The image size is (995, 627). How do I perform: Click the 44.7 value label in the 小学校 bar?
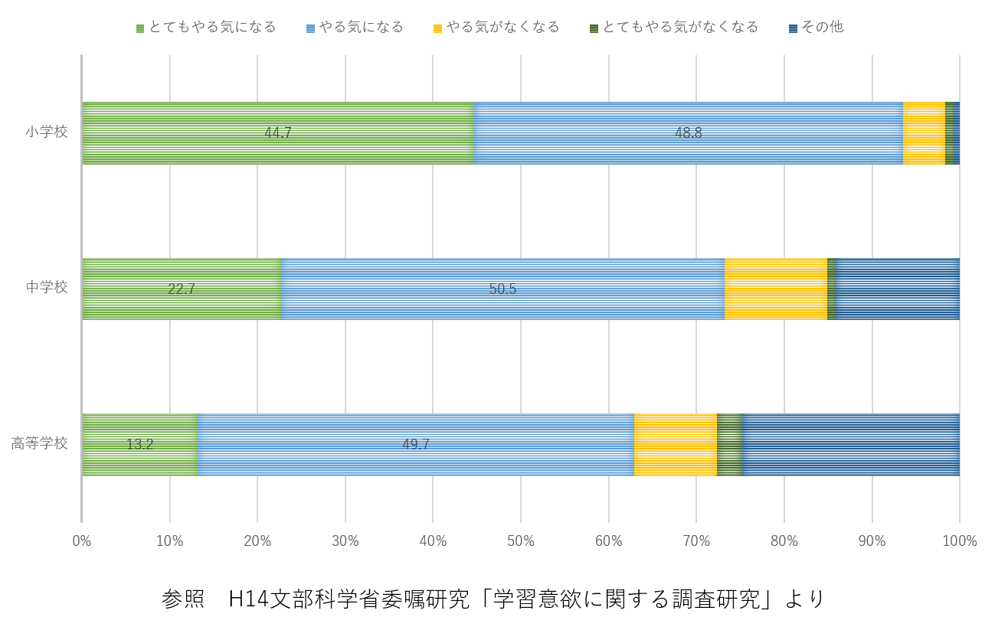click(278, 132)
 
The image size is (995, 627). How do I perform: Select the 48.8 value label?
click(689, 132)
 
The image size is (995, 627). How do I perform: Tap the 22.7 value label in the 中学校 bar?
click(182, 289)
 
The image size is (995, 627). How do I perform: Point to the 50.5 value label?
click(502, 289)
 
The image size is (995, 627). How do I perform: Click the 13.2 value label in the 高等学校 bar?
click(140, 445)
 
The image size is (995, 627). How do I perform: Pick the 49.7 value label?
click(416, 445)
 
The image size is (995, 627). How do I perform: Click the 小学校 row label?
click(47, 132)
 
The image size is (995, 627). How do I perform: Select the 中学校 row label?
click(47, 287)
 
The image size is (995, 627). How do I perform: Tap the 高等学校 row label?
click(40, 443)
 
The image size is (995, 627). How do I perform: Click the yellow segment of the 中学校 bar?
click(776, 289)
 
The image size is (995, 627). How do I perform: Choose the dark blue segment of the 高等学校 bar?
click(851, 445)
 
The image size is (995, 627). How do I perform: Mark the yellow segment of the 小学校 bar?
click(924, 133)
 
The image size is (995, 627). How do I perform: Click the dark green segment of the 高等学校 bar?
click(730, 445)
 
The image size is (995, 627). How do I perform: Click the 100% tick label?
click(960, 540)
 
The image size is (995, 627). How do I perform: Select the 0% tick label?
click(82, 540)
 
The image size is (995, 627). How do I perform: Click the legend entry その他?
click(816, 28)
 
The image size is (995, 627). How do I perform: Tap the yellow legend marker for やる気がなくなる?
click(437, 29)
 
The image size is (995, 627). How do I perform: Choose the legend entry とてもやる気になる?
click(206, 28)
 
